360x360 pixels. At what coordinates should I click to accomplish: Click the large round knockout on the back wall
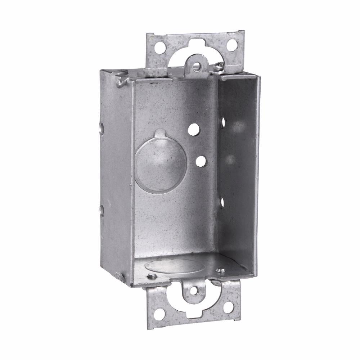click(161, 164)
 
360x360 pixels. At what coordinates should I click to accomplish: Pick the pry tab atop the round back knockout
click(161, 134)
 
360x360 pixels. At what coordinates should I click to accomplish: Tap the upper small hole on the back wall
click(194, 130)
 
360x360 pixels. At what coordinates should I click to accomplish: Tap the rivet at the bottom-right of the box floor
click(220, 269)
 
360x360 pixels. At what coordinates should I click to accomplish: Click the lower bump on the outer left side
click(102, 210)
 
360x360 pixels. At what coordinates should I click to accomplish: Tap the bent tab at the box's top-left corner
click(121, 81)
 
